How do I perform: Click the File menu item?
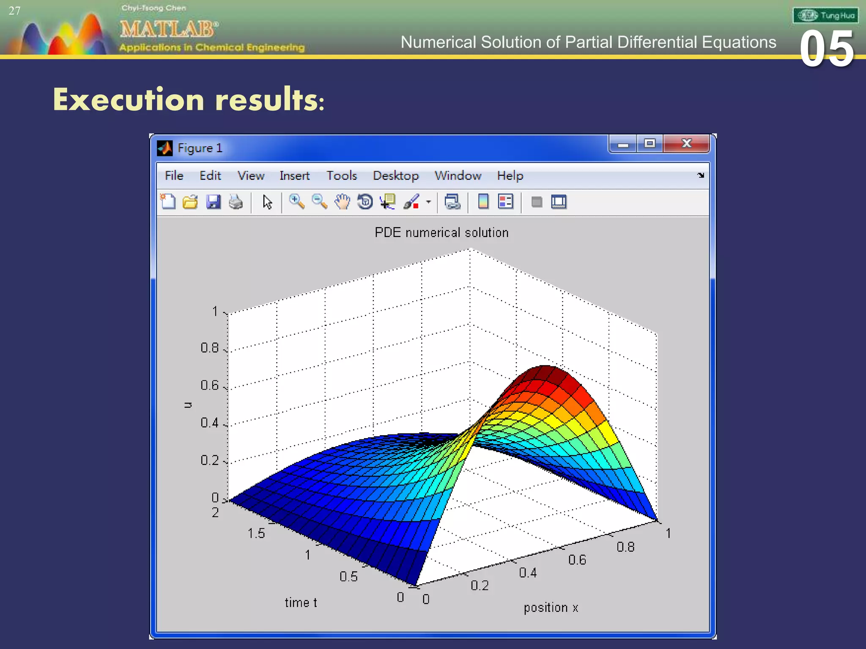tap(174, 175)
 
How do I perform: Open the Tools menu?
tap(341, 175)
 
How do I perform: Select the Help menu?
tap(510, 175)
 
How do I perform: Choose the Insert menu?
tap(294, 175)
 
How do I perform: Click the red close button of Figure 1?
tap(686, 144)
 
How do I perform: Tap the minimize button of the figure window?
tap(622, 144)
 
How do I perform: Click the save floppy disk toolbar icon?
tap(213, 202)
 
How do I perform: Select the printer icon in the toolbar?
tap(236, 202)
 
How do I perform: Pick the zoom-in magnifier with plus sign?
tap(296, 202)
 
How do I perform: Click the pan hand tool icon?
tap(342, 202)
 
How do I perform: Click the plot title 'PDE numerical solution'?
tap(441, 232)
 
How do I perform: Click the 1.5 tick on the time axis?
tap(256, 533)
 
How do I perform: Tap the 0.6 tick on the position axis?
tap(577, 560)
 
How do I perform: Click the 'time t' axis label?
tap(301, 603)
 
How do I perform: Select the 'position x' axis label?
tap(551, 608)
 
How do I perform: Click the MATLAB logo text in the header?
tap(169, 29)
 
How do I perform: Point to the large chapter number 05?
tap(827, 49)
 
